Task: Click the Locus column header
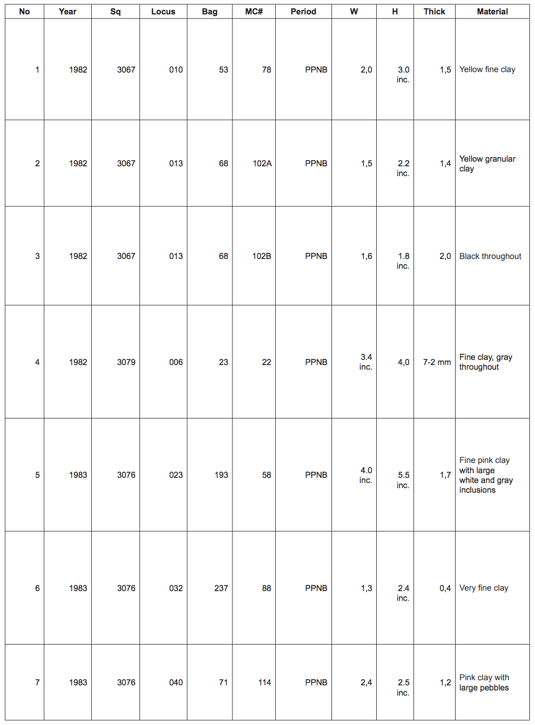pyautogui.click(x=163, y=11)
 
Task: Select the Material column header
pyautogui.click(x=492, y=11)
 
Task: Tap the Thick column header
pyautogui.click(x=434, y=11)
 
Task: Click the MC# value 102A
pyautogui.click(x=262, y=163)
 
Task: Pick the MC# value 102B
pyautogui.click(x=261, y=256)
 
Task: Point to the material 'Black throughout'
pyautogui.click(x=490, y=256)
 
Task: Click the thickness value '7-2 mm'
pyautogui.click(x=437, y=362)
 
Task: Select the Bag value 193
pyautogui.click(x=221, y=475)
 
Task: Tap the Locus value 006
pyautogui.click(x=176, y=362)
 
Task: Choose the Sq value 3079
pyautogui.click(x=126, y=362)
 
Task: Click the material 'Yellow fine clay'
pyautogui.click(x=487, y=70)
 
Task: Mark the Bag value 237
pyautogui.click(x=221, y=588)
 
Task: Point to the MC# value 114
pyautogui.click(x=264, y=682)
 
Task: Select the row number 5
pyautogui.click(x=37, y=475)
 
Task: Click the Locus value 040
pyautogui.click(x=176, y=682)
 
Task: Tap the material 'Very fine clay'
pyautogui.click(x=483, y=588)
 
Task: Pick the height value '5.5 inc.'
pyautogui.click(x=403, y=480)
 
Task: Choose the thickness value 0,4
pyautogui.click(x=445, y=588)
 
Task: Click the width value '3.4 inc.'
pyautogui.click(x=366, y=362)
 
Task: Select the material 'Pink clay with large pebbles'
pyautogui.click(x=484, y=682)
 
